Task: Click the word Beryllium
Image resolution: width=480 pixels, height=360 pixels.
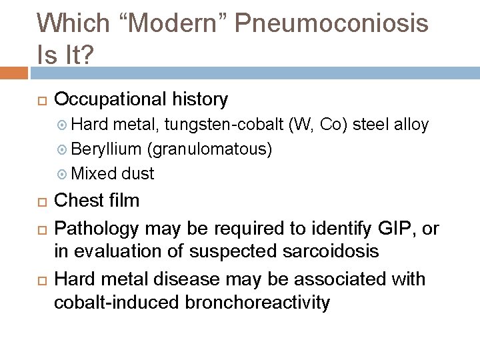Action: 101,149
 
